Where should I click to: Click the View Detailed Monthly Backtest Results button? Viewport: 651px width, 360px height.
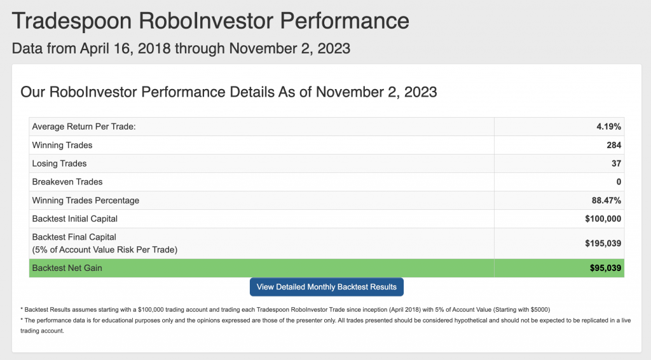[x=326, y=287]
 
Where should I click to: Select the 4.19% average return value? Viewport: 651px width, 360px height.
[x=608, y=127]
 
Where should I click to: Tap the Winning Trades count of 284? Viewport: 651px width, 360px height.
[x=613, y=145]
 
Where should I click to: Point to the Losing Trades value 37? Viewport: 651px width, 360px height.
[x=616, y=163]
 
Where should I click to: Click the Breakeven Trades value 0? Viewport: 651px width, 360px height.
[x=619, y=182]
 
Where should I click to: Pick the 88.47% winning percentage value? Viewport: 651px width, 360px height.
[x=606, y=200]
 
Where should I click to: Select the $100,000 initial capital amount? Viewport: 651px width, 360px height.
[x=603, y=219]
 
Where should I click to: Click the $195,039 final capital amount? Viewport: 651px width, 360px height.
[x=603, y=244]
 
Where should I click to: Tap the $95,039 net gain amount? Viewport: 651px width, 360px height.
[x=605, y=268]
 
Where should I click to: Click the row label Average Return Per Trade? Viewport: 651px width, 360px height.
[x=84, y=127]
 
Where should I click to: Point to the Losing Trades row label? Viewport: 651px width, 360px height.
[x=59, y=163]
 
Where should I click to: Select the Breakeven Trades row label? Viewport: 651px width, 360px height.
[x=67, y=182]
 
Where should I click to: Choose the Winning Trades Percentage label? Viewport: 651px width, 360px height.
[x=86, y=200]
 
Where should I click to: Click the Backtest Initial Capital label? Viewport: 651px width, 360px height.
[x=75, y=219]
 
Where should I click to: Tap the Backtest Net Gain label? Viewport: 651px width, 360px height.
[x=67, y=268]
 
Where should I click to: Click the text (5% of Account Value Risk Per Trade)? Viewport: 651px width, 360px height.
[x=105, y=249]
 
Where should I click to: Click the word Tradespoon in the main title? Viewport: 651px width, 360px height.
[x=71, y=21]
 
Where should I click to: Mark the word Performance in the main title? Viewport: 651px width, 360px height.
[x=344, y=21]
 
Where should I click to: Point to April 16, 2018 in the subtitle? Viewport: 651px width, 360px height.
[x=125, y=48]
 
